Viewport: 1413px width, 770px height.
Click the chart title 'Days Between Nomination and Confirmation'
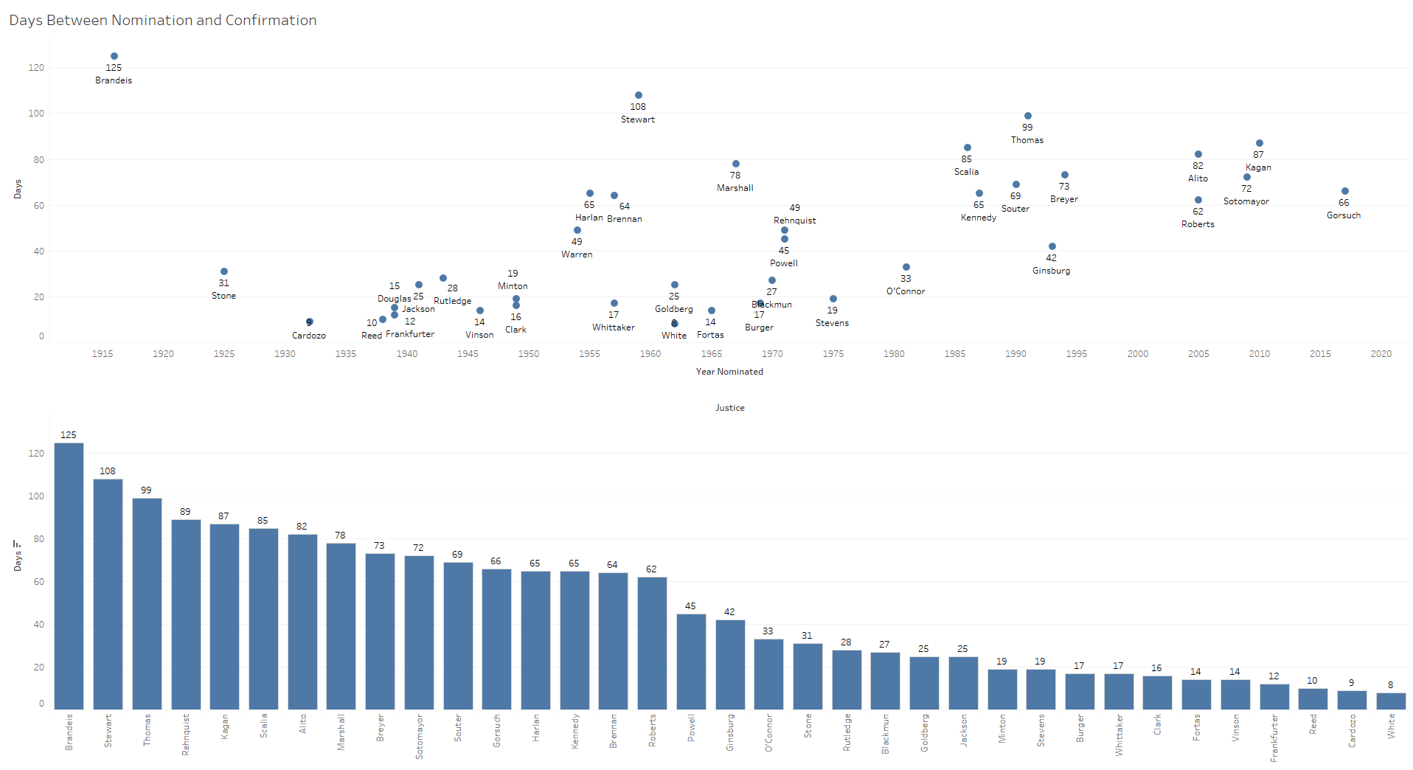pos(163,20)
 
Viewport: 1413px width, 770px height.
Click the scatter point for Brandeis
pos(114,56)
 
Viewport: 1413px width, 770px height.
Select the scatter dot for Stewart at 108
pos(639,95)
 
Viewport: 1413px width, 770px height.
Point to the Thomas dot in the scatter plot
pos(1028,116)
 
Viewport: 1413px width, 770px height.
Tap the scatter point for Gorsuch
pos(1345,191)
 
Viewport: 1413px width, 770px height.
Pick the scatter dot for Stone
pos(224,271)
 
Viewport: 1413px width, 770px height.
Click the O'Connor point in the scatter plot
pos(906,267)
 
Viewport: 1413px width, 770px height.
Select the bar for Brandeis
pos(69,575)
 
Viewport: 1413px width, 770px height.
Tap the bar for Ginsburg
pos(730,664)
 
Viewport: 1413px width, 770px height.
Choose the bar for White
pos(1391,701)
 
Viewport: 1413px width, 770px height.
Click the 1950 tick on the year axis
pos(529,354)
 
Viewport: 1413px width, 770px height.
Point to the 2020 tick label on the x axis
pos(1381,354)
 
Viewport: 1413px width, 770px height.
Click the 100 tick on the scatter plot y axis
pos(36,114)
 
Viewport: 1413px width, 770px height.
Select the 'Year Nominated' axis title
pos(729,372)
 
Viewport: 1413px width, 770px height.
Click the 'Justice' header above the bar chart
pos(729,408)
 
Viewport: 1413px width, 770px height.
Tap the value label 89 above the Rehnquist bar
pos(185,511)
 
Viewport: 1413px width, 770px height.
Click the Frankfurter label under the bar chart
pos(1274,738)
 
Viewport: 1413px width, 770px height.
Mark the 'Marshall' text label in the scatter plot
pos(735,188)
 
